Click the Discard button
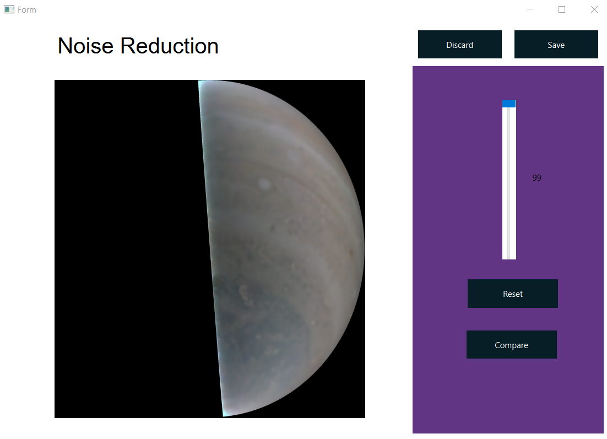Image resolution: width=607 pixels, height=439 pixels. [459, 45]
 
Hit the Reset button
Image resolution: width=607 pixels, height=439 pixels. [513, 294]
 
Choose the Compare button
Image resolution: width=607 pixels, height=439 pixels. [511, 345]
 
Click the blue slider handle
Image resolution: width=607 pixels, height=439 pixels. [509, 104]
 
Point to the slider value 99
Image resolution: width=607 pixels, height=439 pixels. [537, 178]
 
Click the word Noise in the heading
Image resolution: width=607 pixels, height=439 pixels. [85, 46]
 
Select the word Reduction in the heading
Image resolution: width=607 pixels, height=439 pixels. [169, 46]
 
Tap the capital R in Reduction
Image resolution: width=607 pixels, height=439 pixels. [127, 46]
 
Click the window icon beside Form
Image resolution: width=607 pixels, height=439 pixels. [9, 9]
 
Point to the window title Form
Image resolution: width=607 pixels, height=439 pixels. [26, 10]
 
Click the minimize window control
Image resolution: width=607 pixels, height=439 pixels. [530, 9]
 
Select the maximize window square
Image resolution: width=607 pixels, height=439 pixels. [562, 9]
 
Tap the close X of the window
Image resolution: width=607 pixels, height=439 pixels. [594, 9]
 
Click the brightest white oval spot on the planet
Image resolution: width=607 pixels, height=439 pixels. [264, 183]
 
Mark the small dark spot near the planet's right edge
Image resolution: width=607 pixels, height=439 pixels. [351, 252]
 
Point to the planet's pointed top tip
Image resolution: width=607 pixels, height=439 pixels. [199, 81]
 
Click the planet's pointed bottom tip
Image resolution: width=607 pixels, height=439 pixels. [224, 416]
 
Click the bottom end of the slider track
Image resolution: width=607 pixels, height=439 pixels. [509, 258]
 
